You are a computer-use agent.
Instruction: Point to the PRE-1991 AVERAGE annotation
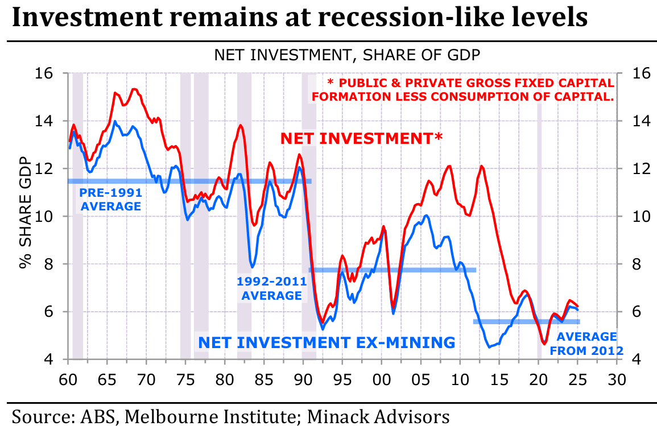(x=110, y=199)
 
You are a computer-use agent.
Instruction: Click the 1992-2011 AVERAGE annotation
(x=272, y=288)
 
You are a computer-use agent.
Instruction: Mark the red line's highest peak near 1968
(x=134, y=89)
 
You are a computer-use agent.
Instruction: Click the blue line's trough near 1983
(x=252, y=267)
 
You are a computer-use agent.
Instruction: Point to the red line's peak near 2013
(x=482, y=166)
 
